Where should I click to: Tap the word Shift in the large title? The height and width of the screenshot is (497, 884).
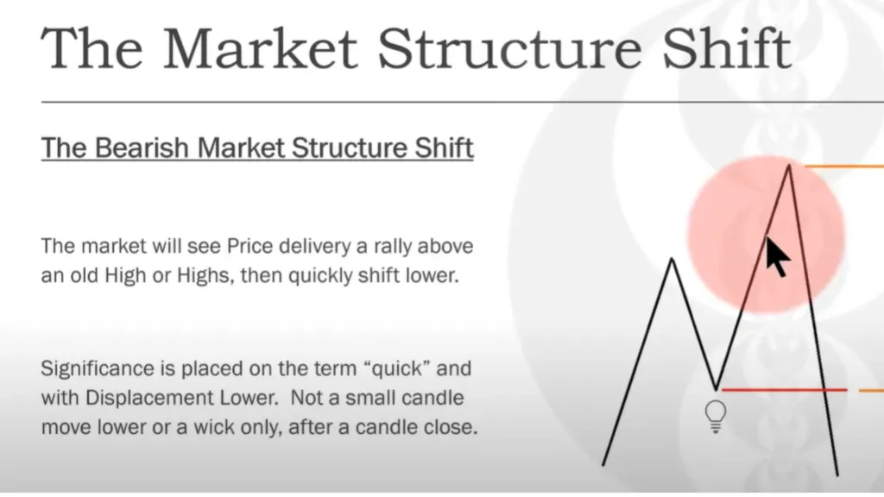tap(726, 48)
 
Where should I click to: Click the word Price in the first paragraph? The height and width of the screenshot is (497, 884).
tap(249, 246)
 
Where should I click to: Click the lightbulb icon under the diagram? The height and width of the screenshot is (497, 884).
tap(716, 417)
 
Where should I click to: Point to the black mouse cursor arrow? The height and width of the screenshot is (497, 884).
tap(778, 256)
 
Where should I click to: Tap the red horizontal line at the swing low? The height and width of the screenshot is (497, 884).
tap(784, 389)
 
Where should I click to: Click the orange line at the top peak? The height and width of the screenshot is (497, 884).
tap(844, 167)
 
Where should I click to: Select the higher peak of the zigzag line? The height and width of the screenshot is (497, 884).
tap(789, 165)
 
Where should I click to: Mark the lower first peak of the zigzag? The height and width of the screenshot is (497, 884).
tap(672, 259)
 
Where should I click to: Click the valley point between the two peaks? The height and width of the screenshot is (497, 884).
tap(716, 388)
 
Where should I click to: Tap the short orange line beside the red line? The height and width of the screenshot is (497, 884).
tap(872, 390)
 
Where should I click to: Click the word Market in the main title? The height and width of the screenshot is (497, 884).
tap(260, 48)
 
